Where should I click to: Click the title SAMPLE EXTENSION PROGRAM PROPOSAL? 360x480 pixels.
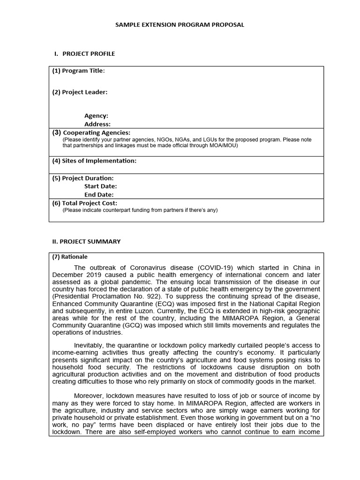[180, 25]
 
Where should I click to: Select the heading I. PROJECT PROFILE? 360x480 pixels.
[85, 54]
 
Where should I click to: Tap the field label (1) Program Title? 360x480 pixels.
[78, 71]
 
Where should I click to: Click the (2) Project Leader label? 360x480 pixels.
[79, 92]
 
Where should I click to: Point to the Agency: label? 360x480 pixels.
[96, 116]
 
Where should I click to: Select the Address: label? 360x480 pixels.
[97, 124]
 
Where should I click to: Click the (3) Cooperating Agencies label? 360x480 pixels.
[91, 133]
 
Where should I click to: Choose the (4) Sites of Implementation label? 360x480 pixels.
[94, 161]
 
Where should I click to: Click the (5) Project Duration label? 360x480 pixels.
[82, 178]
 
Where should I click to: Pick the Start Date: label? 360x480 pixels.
[100, 186]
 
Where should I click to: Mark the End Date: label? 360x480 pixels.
[99, 195]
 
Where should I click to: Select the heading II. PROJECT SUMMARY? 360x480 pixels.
[86, 241]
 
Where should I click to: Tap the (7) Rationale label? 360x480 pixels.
[70, 257]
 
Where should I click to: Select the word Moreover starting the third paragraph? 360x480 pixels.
[90, 396]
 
